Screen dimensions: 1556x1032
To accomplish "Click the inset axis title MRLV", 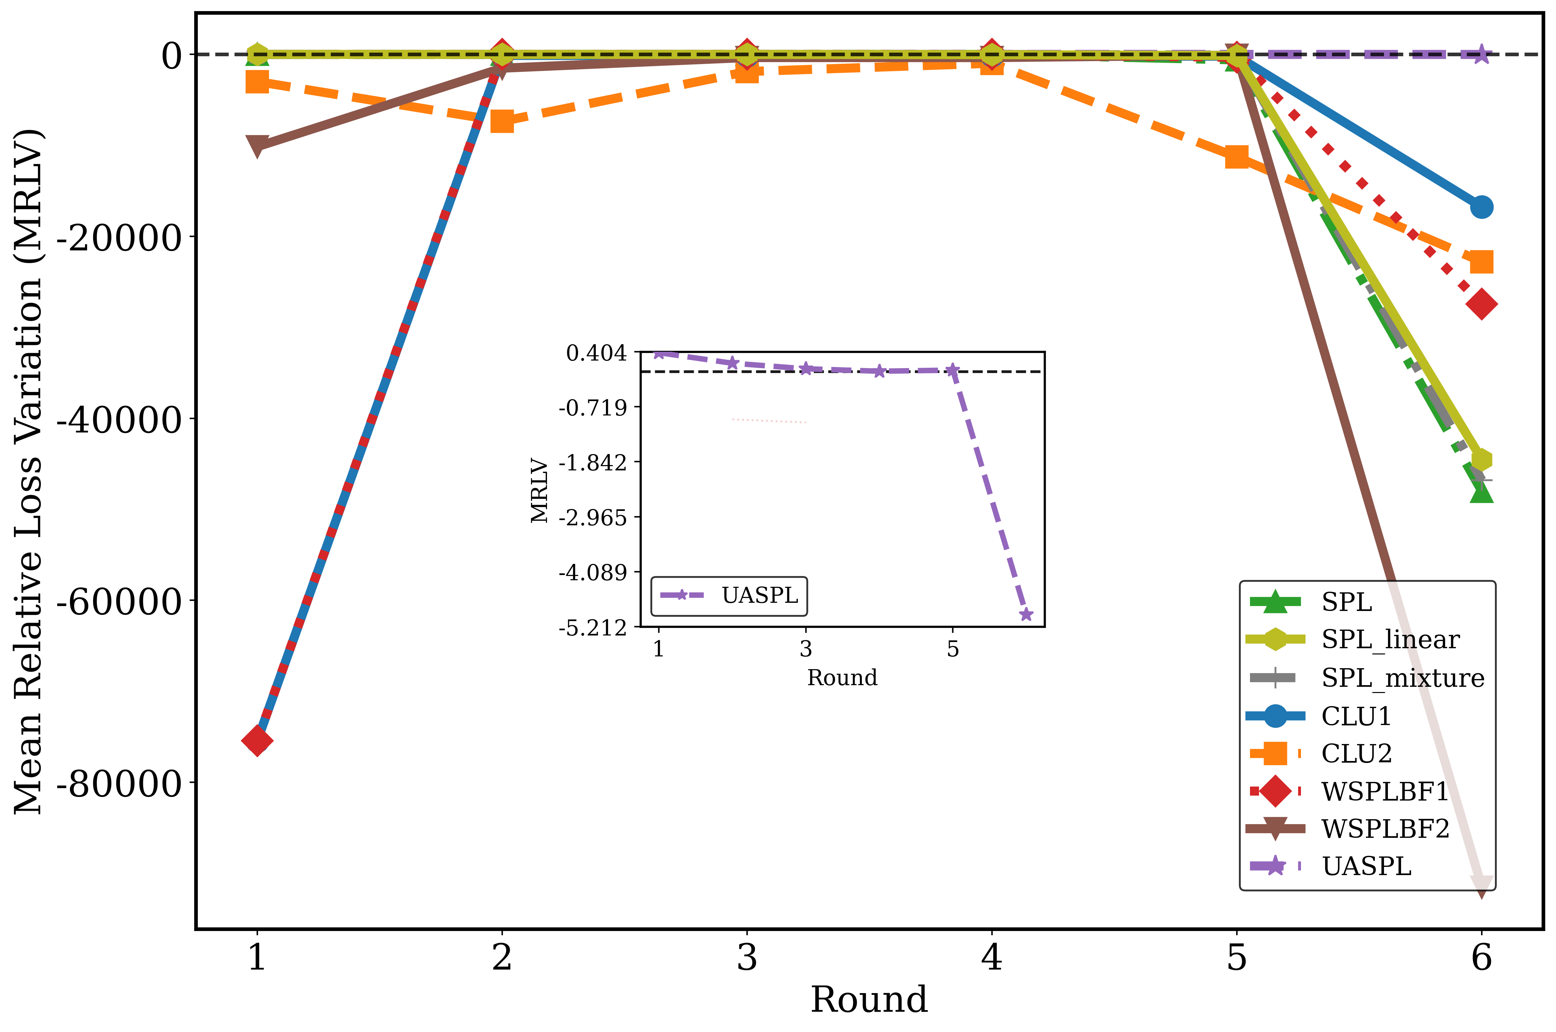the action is coord(540,490).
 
